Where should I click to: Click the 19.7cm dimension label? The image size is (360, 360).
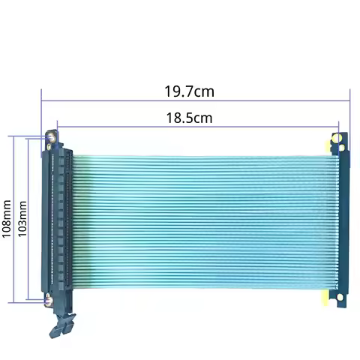click(x=189, y=91)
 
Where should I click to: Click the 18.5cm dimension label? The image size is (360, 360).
click(x=189, y=118)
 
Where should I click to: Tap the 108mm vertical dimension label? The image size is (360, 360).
click(x=7, y=219)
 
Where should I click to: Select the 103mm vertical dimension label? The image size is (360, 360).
click(x=22, y=219)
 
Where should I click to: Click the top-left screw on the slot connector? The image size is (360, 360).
click(x=52, y=138)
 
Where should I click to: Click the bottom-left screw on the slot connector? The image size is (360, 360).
click(x=49, y=300)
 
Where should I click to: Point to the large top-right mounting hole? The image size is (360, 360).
click(x=337, y=139)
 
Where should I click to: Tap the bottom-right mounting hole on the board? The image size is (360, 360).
click(x=340, y=297)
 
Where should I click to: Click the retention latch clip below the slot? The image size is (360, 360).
click(x=62, y=325)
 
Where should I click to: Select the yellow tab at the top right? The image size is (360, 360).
click(x=328, y=147)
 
